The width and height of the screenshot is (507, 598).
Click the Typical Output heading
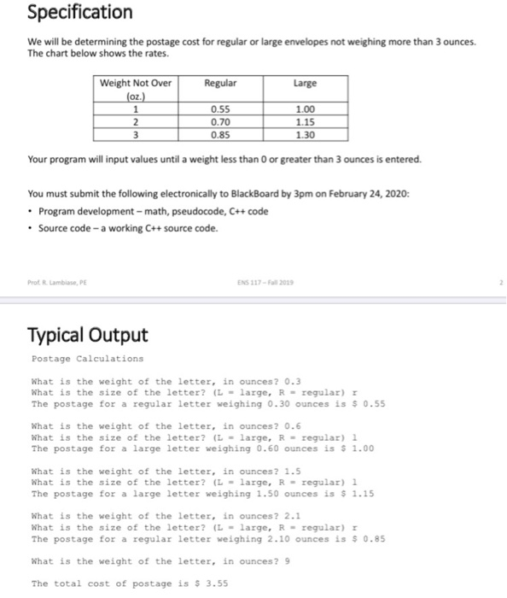87,334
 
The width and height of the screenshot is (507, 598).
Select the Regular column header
220,83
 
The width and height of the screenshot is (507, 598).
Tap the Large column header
304,83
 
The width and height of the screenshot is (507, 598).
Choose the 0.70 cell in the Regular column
220,121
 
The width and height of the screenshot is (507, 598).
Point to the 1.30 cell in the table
304,133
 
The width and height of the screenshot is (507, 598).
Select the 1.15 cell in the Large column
304,121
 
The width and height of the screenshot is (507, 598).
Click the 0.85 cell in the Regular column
220,133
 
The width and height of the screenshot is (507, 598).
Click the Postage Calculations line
75,359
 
